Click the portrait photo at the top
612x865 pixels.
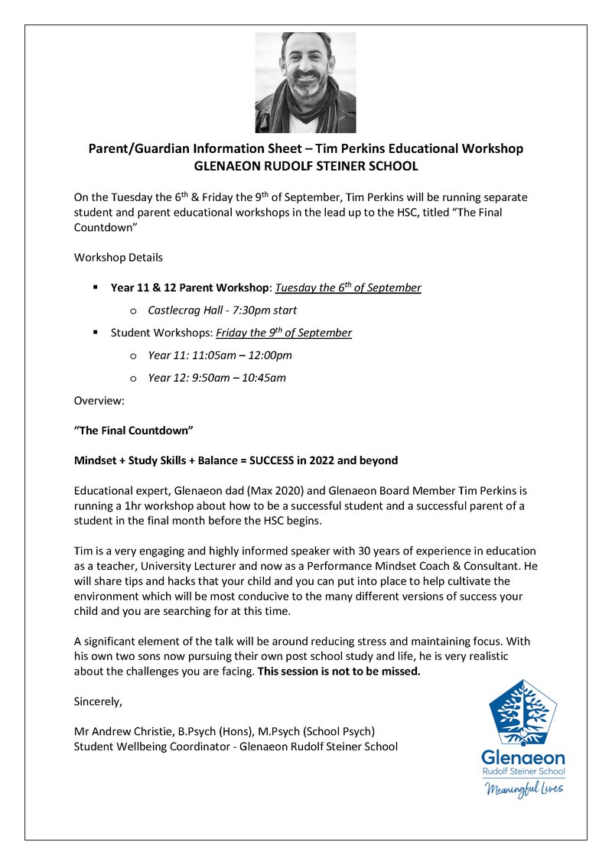tap(305, 83)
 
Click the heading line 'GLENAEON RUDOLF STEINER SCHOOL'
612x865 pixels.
tap(306, 166)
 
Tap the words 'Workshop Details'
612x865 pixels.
tap(118, 257)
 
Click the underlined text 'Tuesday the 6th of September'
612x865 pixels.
tap(348, 288)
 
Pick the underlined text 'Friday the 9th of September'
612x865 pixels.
tap(284, 333)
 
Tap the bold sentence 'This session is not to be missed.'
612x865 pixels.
tap(339, 672)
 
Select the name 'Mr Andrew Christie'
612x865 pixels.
tap(122, 731)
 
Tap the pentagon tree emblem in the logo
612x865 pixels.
tap(523, 712)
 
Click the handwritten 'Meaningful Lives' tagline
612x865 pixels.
tap(524, 788)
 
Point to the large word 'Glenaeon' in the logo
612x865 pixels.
tap(523, 758)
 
